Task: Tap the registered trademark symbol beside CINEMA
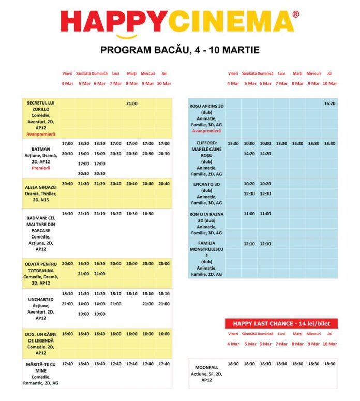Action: pyautogui.click(x=295, y=14)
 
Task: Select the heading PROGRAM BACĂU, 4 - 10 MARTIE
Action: pyautogui.click(x=180, y=50)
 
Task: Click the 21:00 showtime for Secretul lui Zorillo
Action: pyautogui.click(x=132, y=103)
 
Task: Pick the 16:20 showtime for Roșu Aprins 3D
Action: pyautogui.click(x=330, y=103)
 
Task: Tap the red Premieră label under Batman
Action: pyautogui.click(x=40, y=168)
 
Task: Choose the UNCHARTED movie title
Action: pyautogui.click(x=40, y=300)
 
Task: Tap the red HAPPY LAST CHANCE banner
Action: pyautogui.click(x=281, y=324)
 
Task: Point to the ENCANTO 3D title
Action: pyautogui.click(x=206, y=184)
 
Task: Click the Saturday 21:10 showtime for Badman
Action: pyautogui.click(x=83, y=213)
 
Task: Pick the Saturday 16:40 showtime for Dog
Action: pyautogui.click(x=83, y=334)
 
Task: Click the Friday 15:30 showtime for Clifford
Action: pyautogui.click(x=233, y=143)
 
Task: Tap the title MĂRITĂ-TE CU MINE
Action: pyautogui.click(x=40, y=367)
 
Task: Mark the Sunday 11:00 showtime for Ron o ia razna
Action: pyautogui.click(x=265, y=213)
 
